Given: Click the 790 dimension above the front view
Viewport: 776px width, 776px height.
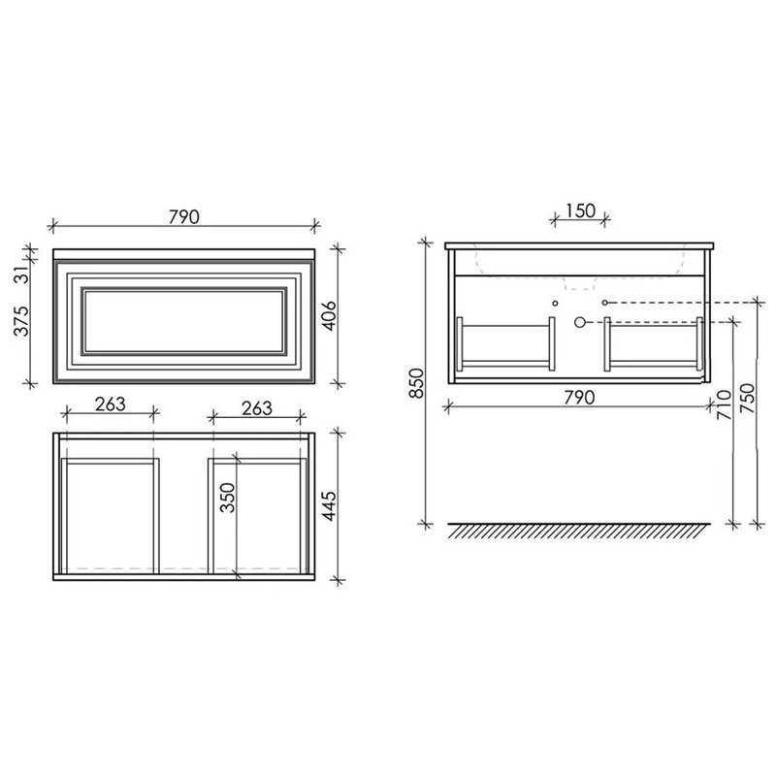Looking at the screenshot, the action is [x=184, y=216].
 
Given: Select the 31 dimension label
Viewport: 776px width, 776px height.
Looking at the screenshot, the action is [x=21, y=273].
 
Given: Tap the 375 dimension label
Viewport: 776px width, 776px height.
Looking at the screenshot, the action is [x=21, y=321].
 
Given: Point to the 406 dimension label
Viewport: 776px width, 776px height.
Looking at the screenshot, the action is [x=329, y=315].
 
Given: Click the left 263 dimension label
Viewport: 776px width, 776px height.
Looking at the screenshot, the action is [x=111, y=404].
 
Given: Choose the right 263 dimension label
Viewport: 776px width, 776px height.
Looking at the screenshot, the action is [x=257, y=408].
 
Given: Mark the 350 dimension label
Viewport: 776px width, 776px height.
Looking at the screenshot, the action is [x=228, y=498].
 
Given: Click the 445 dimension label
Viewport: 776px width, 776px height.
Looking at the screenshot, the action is [x=329, y=505].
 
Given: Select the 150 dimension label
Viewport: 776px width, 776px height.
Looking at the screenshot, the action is [x=580, y=210].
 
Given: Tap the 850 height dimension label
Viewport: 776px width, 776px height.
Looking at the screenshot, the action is [x=417, y=383].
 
